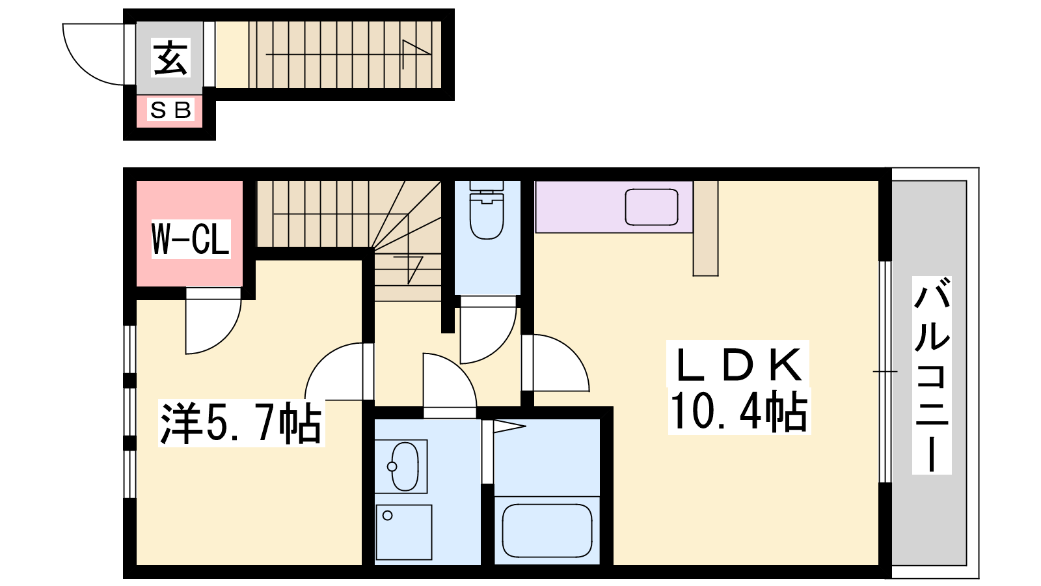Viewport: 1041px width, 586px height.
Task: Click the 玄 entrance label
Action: pos(170,58)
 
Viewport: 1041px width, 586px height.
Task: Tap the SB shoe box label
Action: pos(170,110)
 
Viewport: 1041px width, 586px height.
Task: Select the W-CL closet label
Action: pos(191,238)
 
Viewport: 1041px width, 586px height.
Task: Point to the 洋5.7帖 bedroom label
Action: pos(241,423)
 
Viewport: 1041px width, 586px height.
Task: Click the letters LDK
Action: pos(738,365)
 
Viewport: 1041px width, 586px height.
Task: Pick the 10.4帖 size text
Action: pos(739,411)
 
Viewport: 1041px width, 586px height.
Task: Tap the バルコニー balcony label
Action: pos(932,375)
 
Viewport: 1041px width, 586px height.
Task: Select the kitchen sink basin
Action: pos(651,207)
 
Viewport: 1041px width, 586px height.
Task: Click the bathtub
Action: pos(547,531)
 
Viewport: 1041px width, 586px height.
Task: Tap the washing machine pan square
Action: pos(404,532)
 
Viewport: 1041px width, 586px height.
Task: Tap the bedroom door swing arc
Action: pos(321,358)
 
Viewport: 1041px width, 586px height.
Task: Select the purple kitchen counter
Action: pos(614,207)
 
